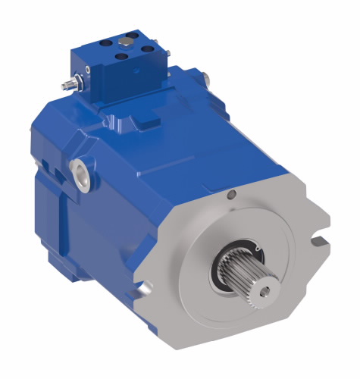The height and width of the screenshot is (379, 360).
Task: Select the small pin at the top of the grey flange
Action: point(232,198)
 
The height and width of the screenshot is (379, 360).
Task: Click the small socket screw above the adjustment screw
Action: point(88,70)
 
